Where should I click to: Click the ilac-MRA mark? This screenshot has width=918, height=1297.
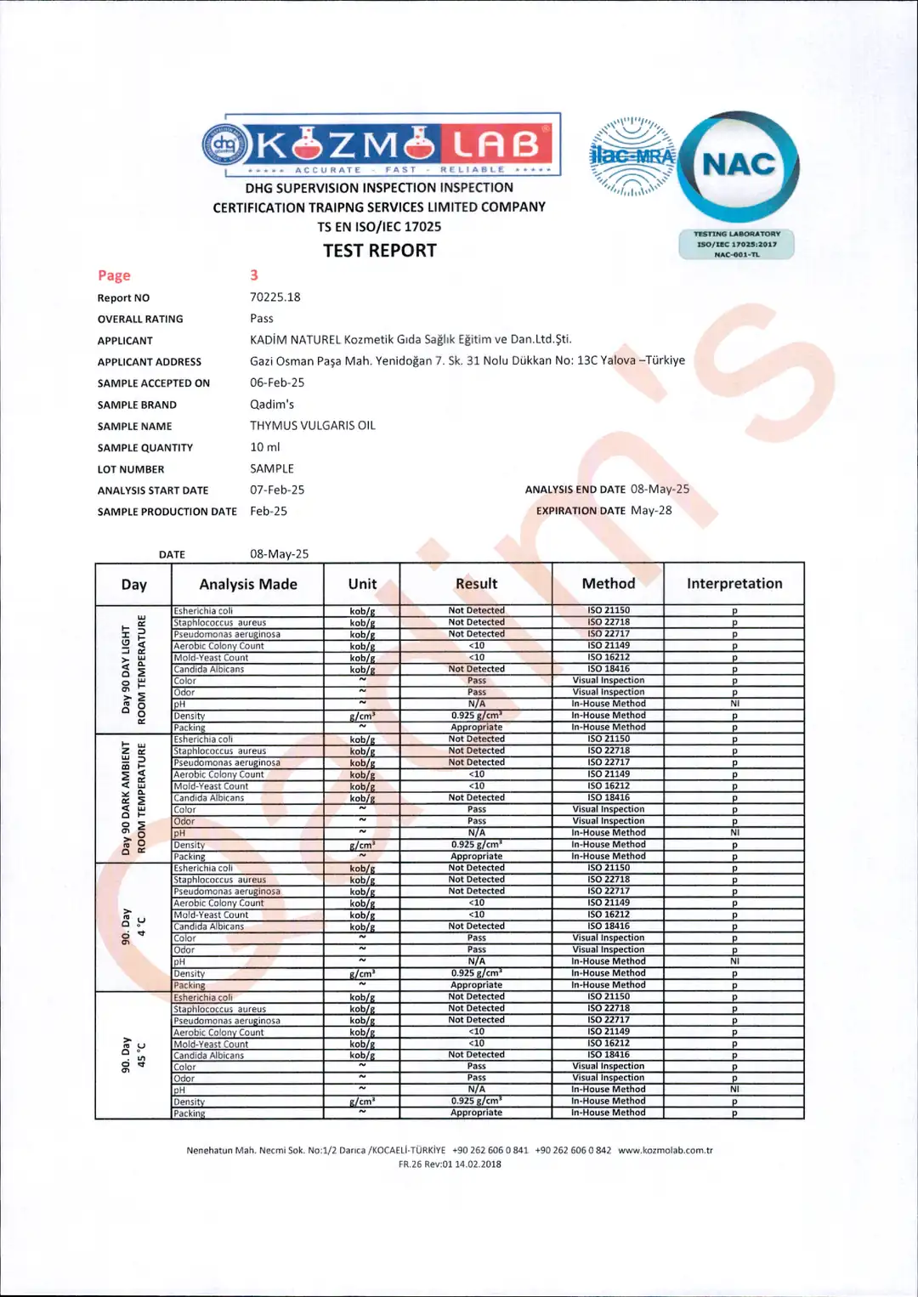click(x=632, y=156)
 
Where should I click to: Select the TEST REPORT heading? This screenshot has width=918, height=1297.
click(x=380, y=251)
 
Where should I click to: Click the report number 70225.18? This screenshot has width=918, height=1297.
click(x=275, y=297)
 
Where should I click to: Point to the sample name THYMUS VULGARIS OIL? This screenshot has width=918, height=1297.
click(x=313, y=426)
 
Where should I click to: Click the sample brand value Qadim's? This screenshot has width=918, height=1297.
click(x=272, y=405)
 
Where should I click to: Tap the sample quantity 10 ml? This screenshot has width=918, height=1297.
click(x=265, y=447)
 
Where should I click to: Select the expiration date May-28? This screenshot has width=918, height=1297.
click(x=651, y=511)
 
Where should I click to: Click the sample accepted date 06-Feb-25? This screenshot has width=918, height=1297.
click(x=277, y=383)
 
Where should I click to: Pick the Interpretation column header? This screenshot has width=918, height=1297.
click(x=734, y=584)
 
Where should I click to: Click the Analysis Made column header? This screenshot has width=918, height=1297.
click(x=248, y=585)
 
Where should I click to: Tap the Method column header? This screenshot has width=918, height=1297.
click(x=609, y=584)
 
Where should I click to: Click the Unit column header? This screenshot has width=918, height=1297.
click(x=362, y=585)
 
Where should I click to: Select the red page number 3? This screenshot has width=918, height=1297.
click(x=254, y=275)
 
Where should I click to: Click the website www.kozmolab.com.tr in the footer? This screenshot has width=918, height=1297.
click(x=666, y=1151)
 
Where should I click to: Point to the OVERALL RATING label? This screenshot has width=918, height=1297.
click(x=140, y=320)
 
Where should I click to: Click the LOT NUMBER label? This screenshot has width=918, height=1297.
click(x=131, y=469)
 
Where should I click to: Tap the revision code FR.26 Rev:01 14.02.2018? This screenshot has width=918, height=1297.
click(x=450, y=1164)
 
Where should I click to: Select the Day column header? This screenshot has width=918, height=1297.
click(x=134, y=585)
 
